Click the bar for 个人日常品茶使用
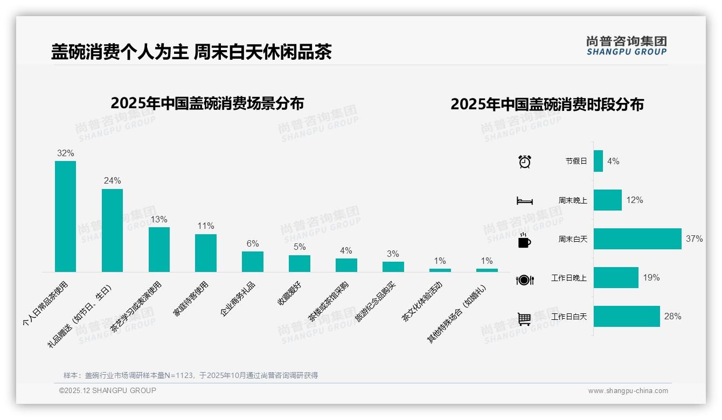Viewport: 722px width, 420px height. [65, 216]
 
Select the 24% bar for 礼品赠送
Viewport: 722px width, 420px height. [112, 230]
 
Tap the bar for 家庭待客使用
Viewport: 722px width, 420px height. [206, 253]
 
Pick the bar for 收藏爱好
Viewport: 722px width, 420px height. [300, 263]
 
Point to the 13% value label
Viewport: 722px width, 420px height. [159, 219]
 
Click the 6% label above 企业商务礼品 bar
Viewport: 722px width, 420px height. [253, 243]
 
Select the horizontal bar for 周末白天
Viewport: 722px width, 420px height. [637, 239]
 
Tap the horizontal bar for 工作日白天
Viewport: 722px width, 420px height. [627, 316]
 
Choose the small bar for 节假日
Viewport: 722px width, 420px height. [598, 161]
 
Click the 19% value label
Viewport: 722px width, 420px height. [651, 278]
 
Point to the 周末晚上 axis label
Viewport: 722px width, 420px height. [573, 200]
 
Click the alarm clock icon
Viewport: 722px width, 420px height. [524, 162]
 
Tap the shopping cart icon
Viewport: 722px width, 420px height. [524, 319]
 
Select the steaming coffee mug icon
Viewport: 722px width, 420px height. [524, 240]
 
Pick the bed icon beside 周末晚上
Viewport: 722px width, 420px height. [524, 201]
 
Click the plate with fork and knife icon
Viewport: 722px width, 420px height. [524, 279]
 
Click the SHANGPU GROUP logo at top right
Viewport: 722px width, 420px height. [626, 46]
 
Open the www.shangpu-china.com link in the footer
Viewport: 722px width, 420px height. [628, 391]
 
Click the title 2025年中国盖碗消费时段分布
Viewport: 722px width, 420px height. [547, 104]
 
